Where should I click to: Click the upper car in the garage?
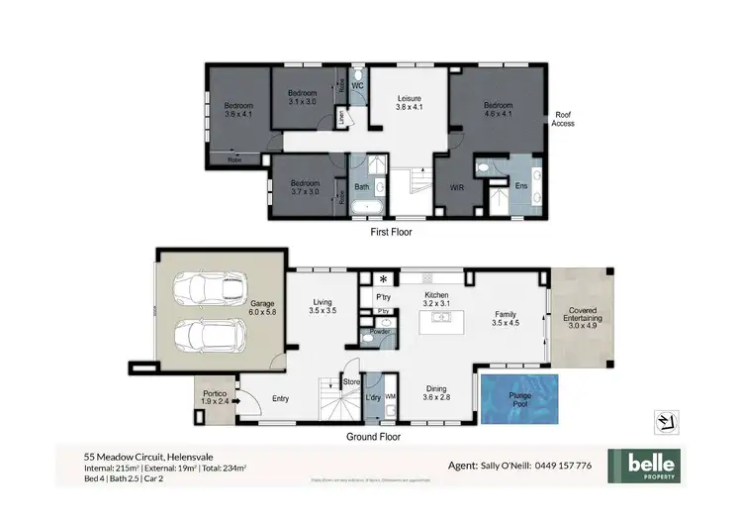[204, 289]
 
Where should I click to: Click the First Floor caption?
[392, 233]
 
